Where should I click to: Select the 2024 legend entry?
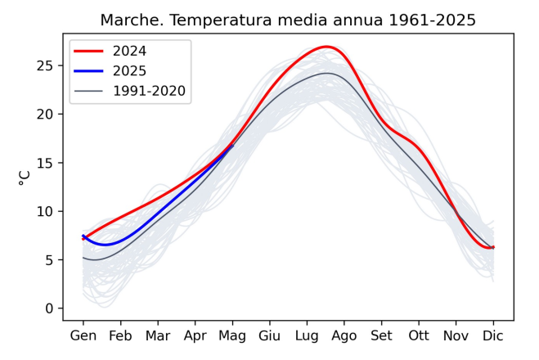(130, 51)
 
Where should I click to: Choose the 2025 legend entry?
(130, 71)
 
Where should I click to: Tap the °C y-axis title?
(25, 177)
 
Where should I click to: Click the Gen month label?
(83, 335)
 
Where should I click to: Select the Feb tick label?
(120, 335)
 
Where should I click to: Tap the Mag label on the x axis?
(232, 335)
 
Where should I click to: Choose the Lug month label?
(307, 335)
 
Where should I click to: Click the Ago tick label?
(344, 335)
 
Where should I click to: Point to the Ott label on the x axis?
(419, 335)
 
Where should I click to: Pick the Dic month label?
(493, 335)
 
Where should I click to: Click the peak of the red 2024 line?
(326, 47)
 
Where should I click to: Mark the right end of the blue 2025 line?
(232, 145)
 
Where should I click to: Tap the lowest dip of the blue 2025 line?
(104, 245)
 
